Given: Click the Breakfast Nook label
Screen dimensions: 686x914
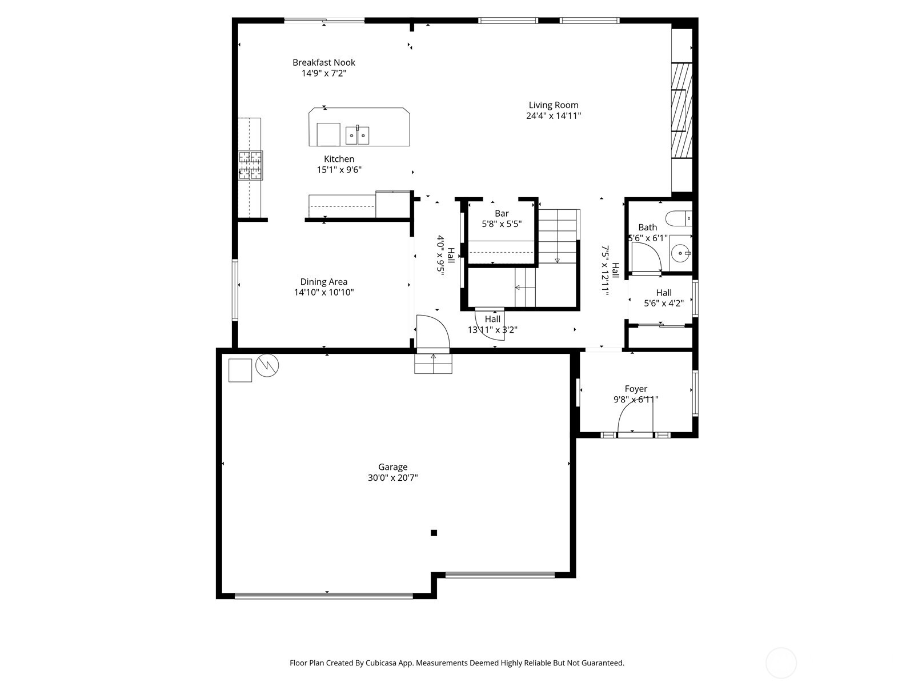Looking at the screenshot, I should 324,62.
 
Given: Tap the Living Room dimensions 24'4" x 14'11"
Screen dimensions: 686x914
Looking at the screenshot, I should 554,115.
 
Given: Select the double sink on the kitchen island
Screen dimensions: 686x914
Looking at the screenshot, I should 357,135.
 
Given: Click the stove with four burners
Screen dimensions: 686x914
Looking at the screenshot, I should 250,165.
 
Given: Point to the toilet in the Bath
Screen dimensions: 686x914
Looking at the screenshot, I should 679,218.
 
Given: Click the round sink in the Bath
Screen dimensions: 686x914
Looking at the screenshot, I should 680,252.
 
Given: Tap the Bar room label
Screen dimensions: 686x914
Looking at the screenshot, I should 502,214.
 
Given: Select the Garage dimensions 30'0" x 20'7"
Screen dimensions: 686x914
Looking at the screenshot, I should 392,478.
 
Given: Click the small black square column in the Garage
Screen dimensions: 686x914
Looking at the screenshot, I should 434,533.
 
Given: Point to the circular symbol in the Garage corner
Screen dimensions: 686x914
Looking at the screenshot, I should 267,366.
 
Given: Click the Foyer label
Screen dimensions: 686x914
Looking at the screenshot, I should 636,389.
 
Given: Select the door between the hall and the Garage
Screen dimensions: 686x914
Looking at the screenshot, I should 432,332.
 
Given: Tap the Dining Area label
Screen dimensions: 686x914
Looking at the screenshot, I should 324,282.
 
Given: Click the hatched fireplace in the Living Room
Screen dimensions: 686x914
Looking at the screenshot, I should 681,110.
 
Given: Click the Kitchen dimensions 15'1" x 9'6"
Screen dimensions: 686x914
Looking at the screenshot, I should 339,170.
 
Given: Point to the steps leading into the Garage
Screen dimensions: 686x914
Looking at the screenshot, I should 433,364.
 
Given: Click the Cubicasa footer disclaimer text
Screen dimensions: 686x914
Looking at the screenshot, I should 457,663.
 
